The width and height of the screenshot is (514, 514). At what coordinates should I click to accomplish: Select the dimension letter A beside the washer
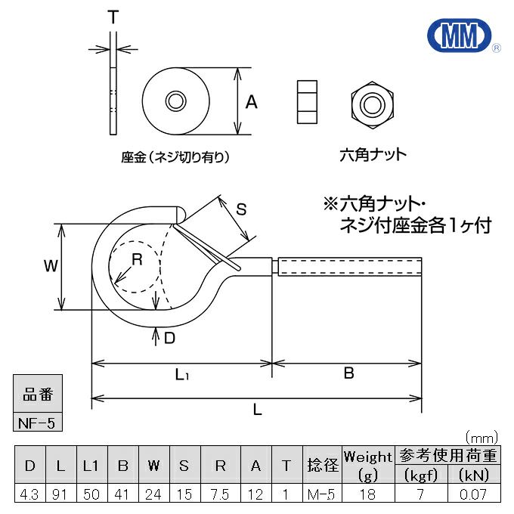pos(252,101)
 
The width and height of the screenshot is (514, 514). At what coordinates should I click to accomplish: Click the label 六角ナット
pos(373,155)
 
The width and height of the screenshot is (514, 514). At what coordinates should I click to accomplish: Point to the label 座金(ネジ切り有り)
pos(175,157)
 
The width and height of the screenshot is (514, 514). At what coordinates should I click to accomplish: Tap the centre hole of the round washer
pos(175,101)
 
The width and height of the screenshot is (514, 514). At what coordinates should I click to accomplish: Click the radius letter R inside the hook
pos(137,259)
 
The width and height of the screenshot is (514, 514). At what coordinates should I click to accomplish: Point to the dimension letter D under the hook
pos(169,338)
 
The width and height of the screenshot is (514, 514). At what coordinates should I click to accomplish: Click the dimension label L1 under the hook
pos(182,373)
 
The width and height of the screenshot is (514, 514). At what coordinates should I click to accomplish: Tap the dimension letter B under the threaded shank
pos(348,373)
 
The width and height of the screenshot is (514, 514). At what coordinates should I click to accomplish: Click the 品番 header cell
pos(38,395)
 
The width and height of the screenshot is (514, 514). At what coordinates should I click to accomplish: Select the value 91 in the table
pos(61,494)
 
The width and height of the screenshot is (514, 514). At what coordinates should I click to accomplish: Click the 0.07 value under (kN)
pos(474,494)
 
